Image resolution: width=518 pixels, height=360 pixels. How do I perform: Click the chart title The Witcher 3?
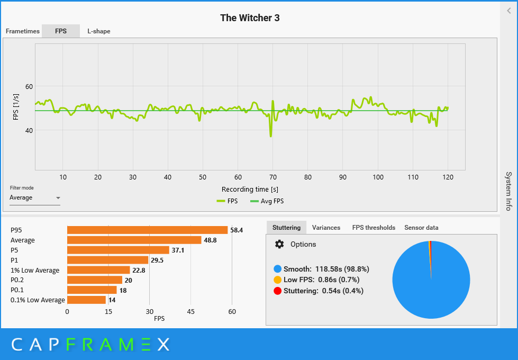(x=250, y=18)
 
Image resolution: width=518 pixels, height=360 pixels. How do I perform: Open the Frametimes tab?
(x=23, y=31)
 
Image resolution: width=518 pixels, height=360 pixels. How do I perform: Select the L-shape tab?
(x=99, y=31)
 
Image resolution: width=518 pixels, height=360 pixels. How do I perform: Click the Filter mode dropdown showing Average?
(x=35, y=198)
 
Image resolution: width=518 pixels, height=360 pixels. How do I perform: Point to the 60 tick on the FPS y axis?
(x=29, y=86)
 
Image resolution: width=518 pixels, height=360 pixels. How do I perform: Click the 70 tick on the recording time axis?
(x=273, y=177)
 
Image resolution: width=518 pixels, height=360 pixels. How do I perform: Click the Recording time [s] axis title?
(x=250, y=189)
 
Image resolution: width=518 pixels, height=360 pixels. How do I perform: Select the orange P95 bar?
(x=147, y=230)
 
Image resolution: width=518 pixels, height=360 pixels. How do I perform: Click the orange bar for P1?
(x=107, y=260)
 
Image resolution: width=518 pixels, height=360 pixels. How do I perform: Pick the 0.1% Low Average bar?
(x=86, y=300)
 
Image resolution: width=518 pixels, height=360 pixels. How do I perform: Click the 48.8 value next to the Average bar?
(x=210, y=240)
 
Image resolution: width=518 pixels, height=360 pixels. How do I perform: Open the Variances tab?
(x=326, y=228)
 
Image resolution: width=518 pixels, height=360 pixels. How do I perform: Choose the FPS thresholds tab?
(x=374, y=228)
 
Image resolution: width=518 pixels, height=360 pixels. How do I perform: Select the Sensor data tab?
(x=421, y=228)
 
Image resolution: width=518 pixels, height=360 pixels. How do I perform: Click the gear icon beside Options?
(x=279, y=244)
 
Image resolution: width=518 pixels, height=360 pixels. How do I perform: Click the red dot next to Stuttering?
(x=277, y=291)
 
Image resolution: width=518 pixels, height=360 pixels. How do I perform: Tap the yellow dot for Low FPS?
(x=277, y=280)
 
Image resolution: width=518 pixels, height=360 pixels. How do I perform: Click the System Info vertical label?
(x=508, y=191)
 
